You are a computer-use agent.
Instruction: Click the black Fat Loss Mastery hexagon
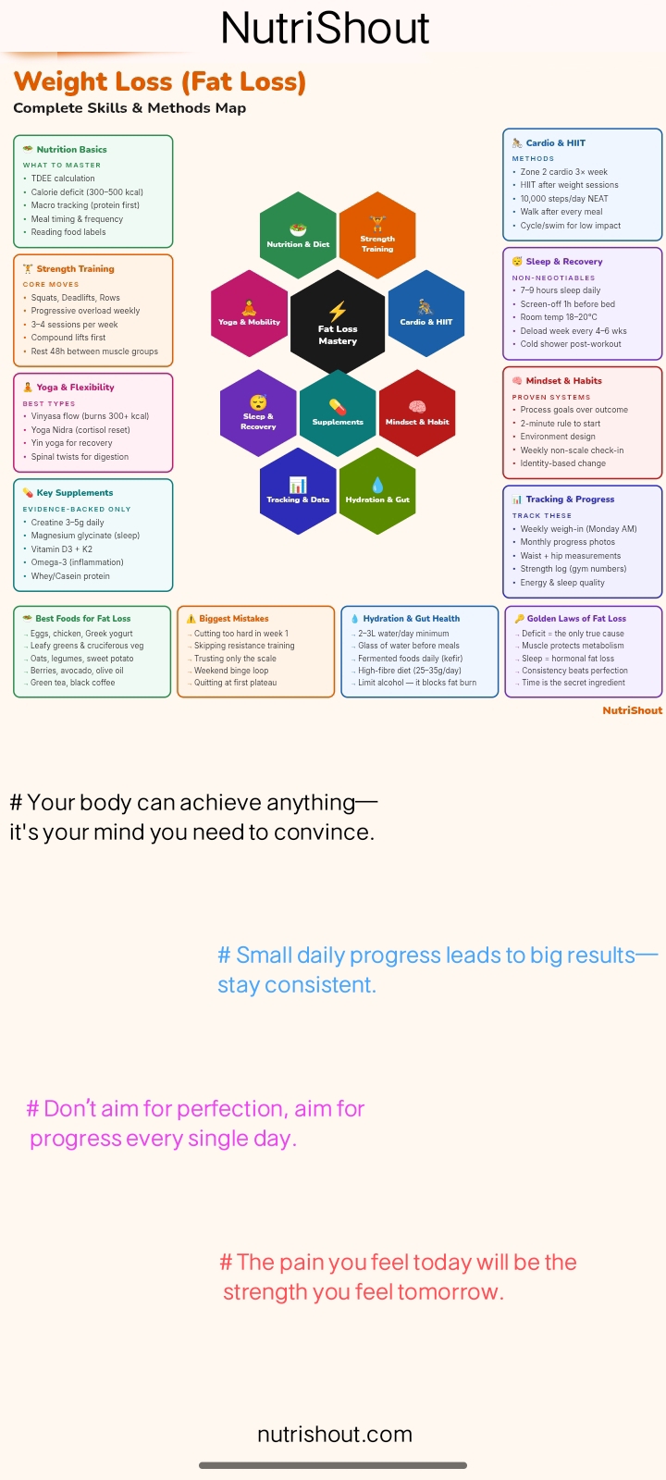pos(338,322)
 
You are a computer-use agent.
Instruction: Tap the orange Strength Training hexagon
pos(377,235)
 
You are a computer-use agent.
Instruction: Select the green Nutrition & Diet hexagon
pos(298,235)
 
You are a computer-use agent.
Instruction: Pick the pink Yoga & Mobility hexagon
pos(249,314)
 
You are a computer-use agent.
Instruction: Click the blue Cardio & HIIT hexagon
pos(426,314)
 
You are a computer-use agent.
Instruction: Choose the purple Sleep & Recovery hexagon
pos(258,413)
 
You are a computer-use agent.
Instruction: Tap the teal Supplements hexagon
pos(338,413)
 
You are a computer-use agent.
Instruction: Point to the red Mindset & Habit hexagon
pos(417,413)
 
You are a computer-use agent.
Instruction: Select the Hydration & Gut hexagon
pos(377,491)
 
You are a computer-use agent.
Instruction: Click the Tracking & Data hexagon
pos(298,491)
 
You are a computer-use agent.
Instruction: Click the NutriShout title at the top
pos(325,28)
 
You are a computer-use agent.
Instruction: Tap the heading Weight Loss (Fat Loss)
pos(160,82)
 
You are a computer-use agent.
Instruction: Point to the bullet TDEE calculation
pos(63,179)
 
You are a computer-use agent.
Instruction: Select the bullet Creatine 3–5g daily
pos(68,522)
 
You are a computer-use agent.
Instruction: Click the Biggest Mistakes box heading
pos(234,619)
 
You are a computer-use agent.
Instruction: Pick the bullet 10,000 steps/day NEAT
pos(564,198)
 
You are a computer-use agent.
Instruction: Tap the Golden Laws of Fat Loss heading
pos(576,619)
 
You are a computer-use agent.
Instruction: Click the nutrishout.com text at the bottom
pos(335,1434)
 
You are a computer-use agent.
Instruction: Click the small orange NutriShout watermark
pos(633,710)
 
